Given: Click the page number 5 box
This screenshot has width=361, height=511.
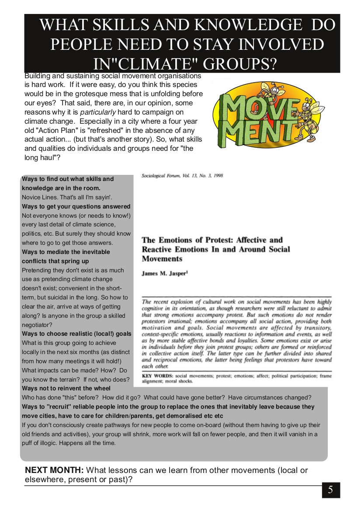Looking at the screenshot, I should coord(331,490).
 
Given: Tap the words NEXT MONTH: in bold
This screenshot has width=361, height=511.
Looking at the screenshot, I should coord(54,470).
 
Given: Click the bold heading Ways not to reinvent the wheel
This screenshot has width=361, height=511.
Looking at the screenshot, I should coord(66,388).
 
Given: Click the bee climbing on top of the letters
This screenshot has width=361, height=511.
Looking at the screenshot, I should coord(267,92).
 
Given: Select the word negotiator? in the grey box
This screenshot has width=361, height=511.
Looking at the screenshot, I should coord(37,325).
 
